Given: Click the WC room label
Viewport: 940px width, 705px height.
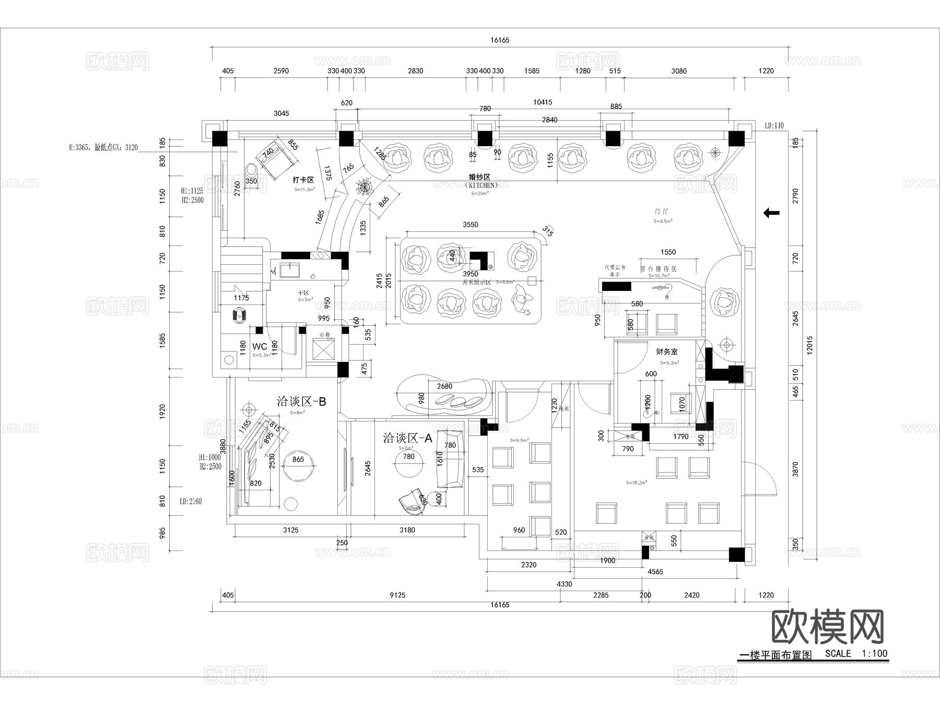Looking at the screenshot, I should [260, 346].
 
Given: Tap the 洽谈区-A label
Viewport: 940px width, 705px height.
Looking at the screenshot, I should [408, 438].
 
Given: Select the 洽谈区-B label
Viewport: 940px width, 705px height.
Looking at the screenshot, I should [301, 401].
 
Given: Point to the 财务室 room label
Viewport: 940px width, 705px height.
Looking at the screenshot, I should [667, 352].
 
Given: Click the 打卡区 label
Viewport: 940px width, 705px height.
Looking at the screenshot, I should [303, 180].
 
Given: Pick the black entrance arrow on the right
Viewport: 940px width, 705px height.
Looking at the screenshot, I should [771, 213].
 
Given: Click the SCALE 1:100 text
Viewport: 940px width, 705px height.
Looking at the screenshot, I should [856, 653].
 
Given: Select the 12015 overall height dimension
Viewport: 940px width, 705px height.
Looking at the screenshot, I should [809, 345].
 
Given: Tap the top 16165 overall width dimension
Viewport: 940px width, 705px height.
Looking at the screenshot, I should [500, 40].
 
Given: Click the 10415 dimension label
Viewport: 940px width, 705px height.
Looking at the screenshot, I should [542, 102].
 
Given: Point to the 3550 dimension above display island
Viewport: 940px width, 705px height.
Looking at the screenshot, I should [470, 225].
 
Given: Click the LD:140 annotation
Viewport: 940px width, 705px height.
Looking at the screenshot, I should [774, 126].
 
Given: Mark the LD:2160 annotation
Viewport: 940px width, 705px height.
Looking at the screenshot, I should [191, 501].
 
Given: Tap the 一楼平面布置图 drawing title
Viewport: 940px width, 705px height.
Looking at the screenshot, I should [776, 656].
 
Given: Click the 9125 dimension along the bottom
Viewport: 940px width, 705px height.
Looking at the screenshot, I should [397, 595].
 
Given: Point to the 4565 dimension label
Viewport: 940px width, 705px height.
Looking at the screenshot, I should [655, 572].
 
